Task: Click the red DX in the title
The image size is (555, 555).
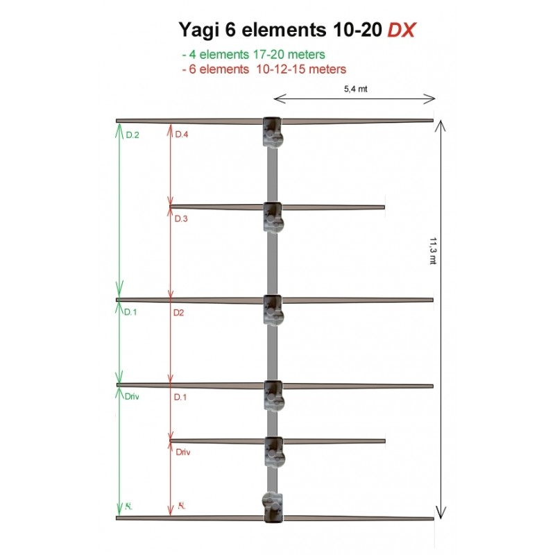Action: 401,30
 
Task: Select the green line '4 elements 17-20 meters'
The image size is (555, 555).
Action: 253,54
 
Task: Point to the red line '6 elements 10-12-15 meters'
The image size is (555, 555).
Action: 263,69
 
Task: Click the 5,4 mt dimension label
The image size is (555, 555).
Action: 355,89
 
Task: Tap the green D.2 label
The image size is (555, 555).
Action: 132,135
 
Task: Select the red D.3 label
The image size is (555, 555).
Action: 181,219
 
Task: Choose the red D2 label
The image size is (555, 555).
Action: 179,313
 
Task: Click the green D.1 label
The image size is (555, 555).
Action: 130,312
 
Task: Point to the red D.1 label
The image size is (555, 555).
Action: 180,397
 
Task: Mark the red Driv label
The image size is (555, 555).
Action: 183,452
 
